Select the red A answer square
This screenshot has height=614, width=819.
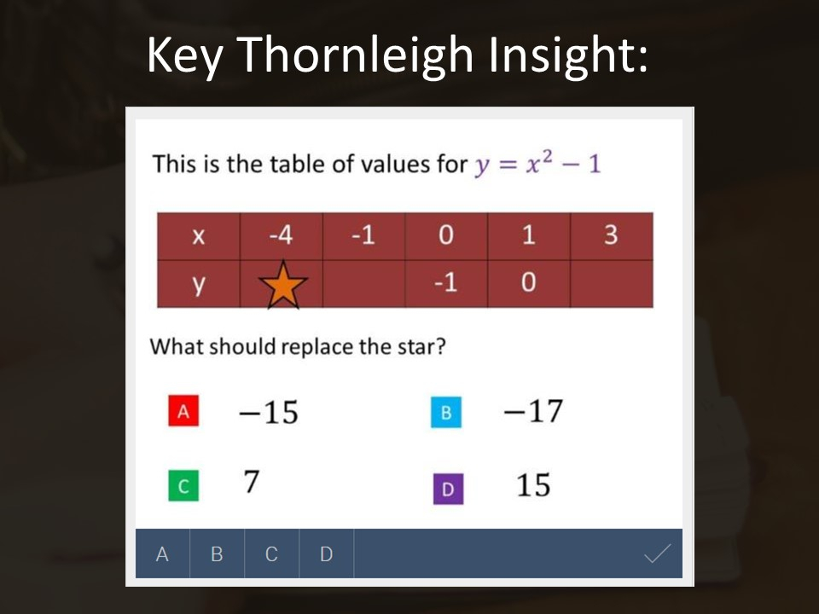tap(183, 412)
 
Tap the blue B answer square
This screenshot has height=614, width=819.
tap(446, 413)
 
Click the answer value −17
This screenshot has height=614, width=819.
tap(533, 411)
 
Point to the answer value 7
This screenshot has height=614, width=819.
tap(251, 483)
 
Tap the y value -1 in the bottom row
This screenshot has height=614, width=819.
tap(445, 283)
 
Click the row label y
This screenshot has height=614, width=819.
tap(198, 285)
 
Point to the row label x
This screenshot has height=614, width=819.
tap(198, 237)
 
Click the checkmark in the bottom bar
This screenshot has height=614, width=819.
tap(656, 554)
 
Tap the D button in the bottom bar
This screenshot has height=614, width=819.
tap(326, 554)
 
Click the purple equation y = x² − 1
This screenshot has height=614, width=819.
tap(537, 163)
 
